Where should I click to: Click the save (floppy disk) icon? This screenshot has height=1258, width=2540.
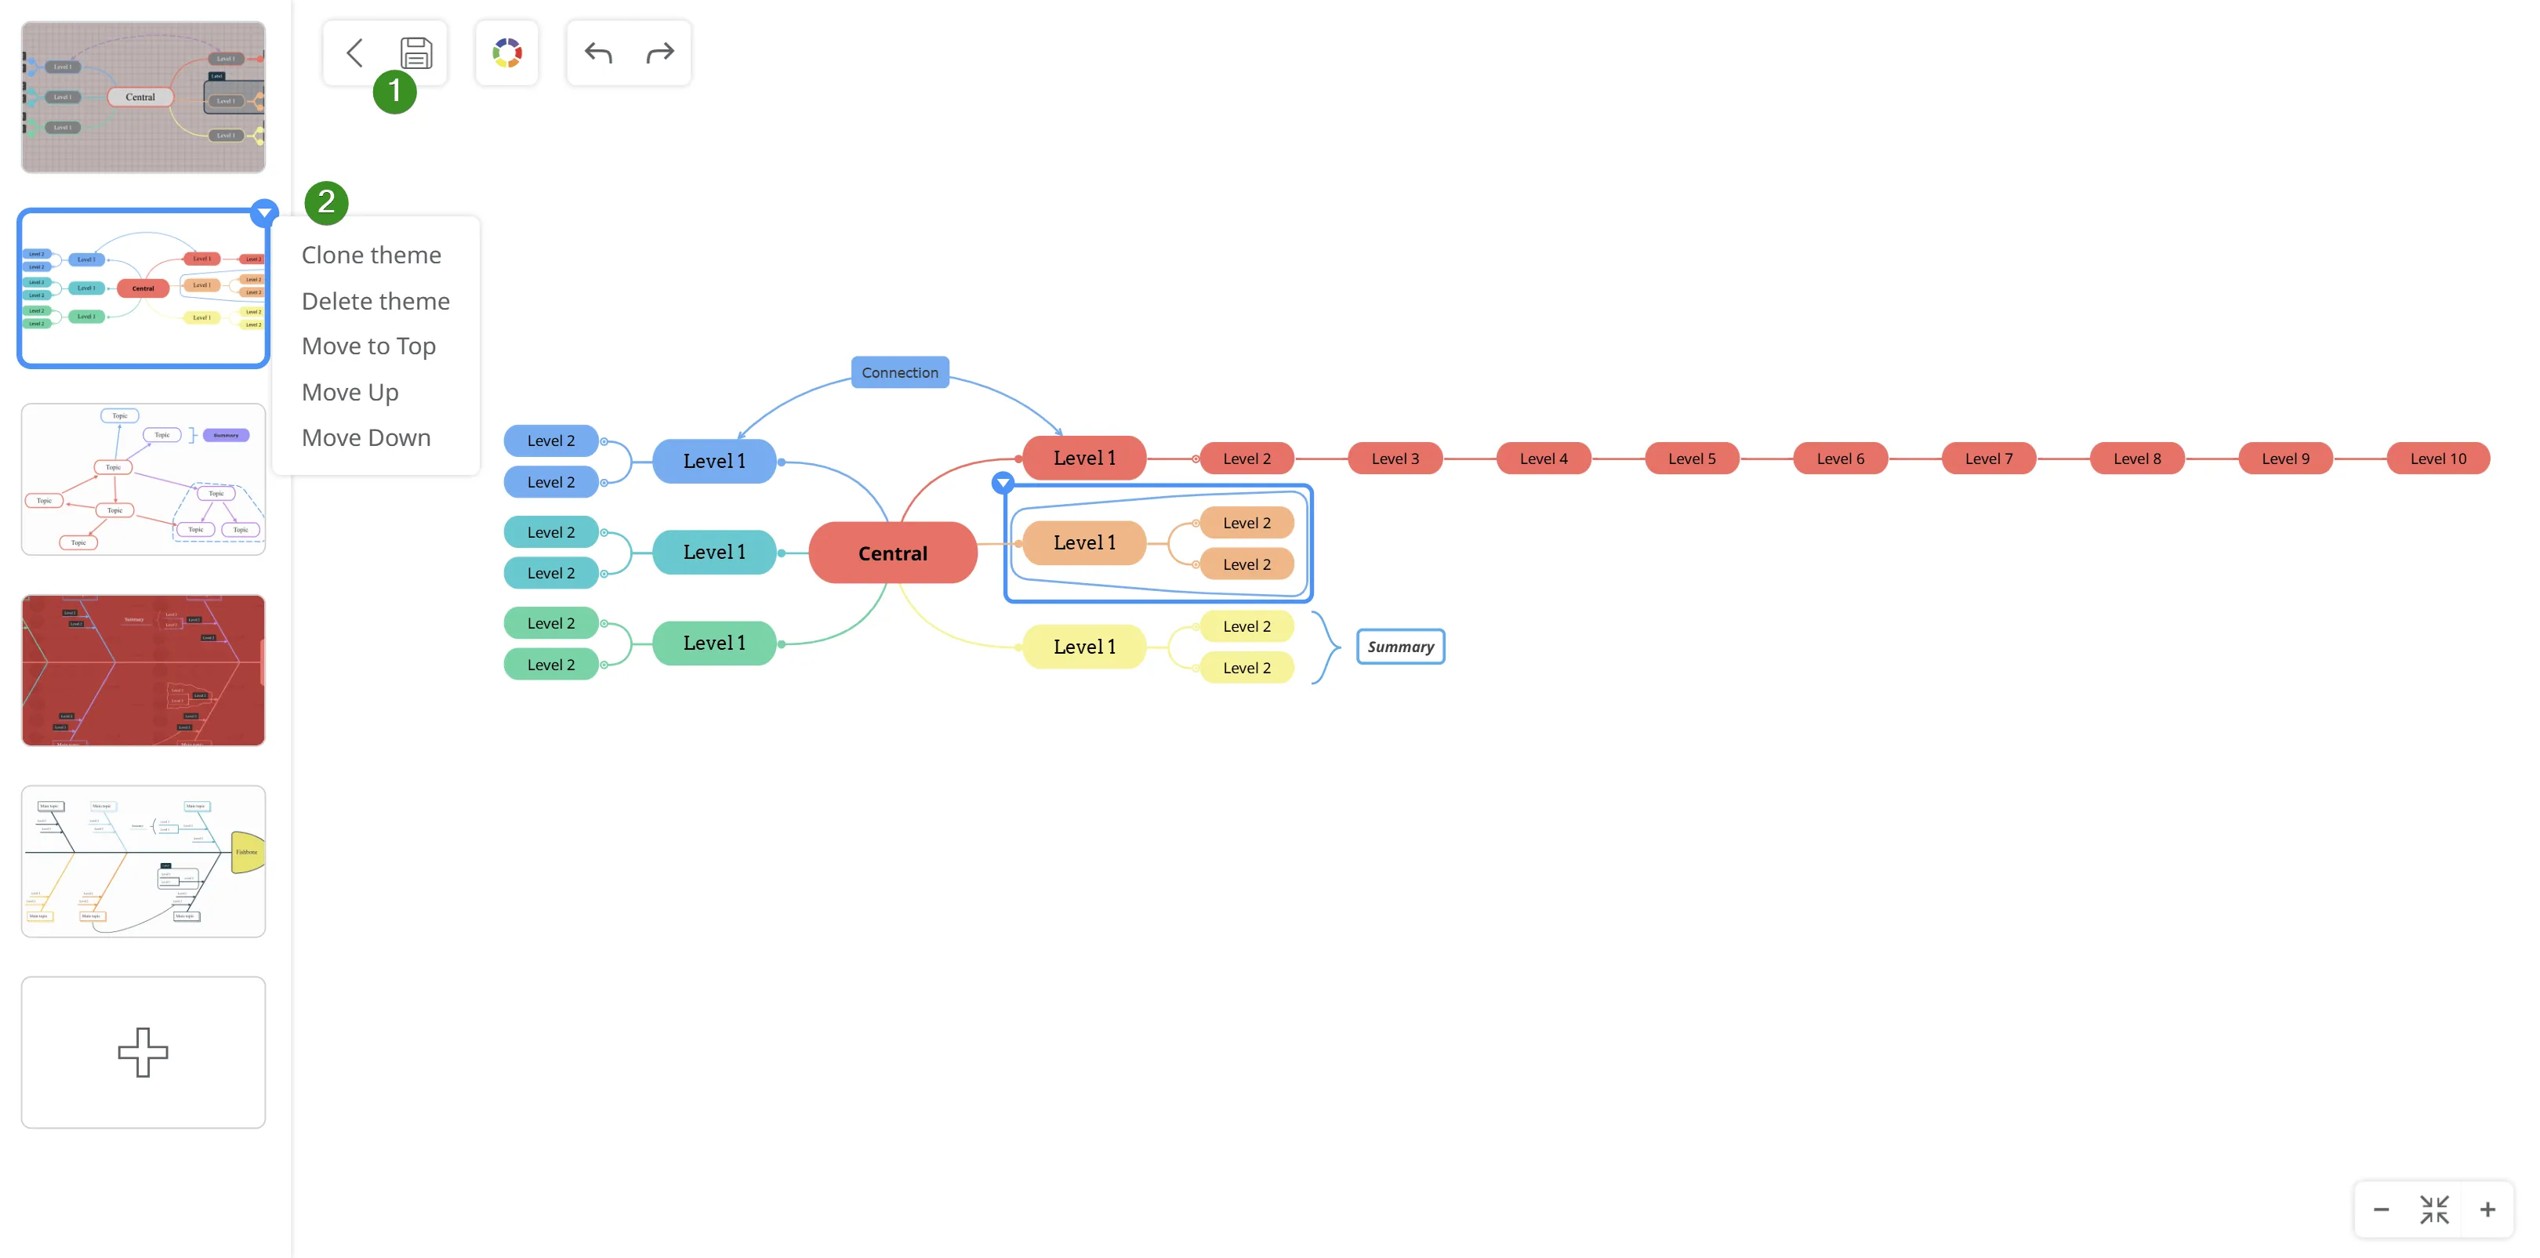pos(416,53)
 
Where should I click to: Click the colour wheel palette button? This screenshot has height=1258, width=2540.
pos(506,53)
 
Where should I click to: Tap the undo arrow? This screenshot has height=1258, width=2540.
pos(598,53)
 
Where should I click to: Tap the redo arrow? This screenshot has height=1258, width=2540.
pos(659,53)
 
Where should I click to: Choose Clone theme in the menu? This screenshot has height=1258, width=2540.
pos(371,256)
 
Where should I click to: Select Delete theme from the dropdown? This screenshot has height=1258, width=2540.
pos(375,301)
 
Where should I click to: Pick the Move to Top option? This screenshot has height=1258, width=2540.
pos(368,346)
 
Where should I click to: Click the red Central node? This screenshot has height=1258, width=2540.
pos(892,553)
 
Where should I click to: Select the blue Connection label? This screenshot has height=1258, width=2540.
pos(899,372)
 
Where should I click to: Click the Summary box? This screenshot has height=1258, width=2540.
pos(1400,647)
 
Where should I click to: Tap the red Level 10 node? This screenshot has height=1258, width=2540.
pos(2437,459)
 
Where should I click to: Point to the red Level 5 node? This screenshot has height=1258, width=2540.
pos(1691,459)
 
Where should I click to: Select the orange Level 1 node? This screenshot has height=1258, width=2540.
pos(1083,543)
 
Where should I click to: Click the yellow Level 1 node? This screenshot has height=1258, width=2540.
pos(1083,647)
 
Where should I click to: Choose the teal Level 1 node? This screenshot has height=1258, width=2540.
pos(714,552)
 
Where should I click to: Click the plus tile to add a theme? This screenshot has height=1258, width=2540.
pos(143,1052)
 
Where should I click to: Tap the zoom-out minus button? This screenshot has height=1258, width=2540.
pos(2380,1209)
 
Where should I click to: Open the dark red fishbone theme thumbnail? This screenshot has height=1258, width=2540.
pos(143,670)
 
